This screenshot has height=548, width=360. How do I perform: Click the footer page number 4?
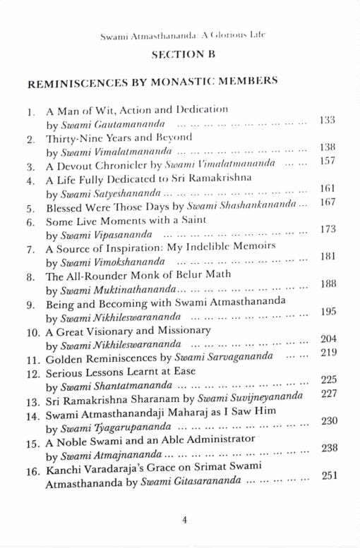coord(184,520)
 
